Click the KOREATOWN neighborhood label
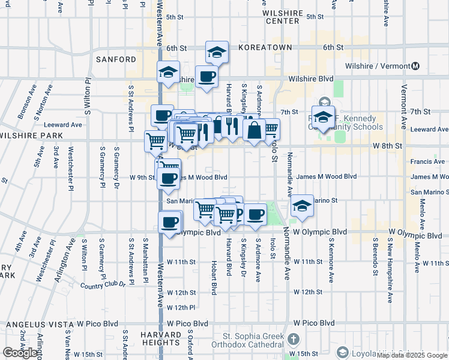coord(265,47)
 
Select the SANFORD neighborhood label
coord(116,59)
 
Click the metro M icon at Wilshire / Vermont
coord(415,66)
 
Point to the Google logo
coord(20,353)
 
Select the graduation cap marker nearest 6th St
coord(216,53)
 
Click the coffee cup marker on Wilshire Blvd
coord(207,76)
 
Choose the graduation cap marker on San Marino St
coord(301,205)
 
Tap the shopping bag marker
coord(255,130)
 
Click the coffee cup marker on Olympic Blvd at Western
coord(170,223)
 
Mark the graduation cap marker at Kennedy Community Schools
coord(323,117)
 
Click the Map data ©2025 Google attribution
coord(411,355)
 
